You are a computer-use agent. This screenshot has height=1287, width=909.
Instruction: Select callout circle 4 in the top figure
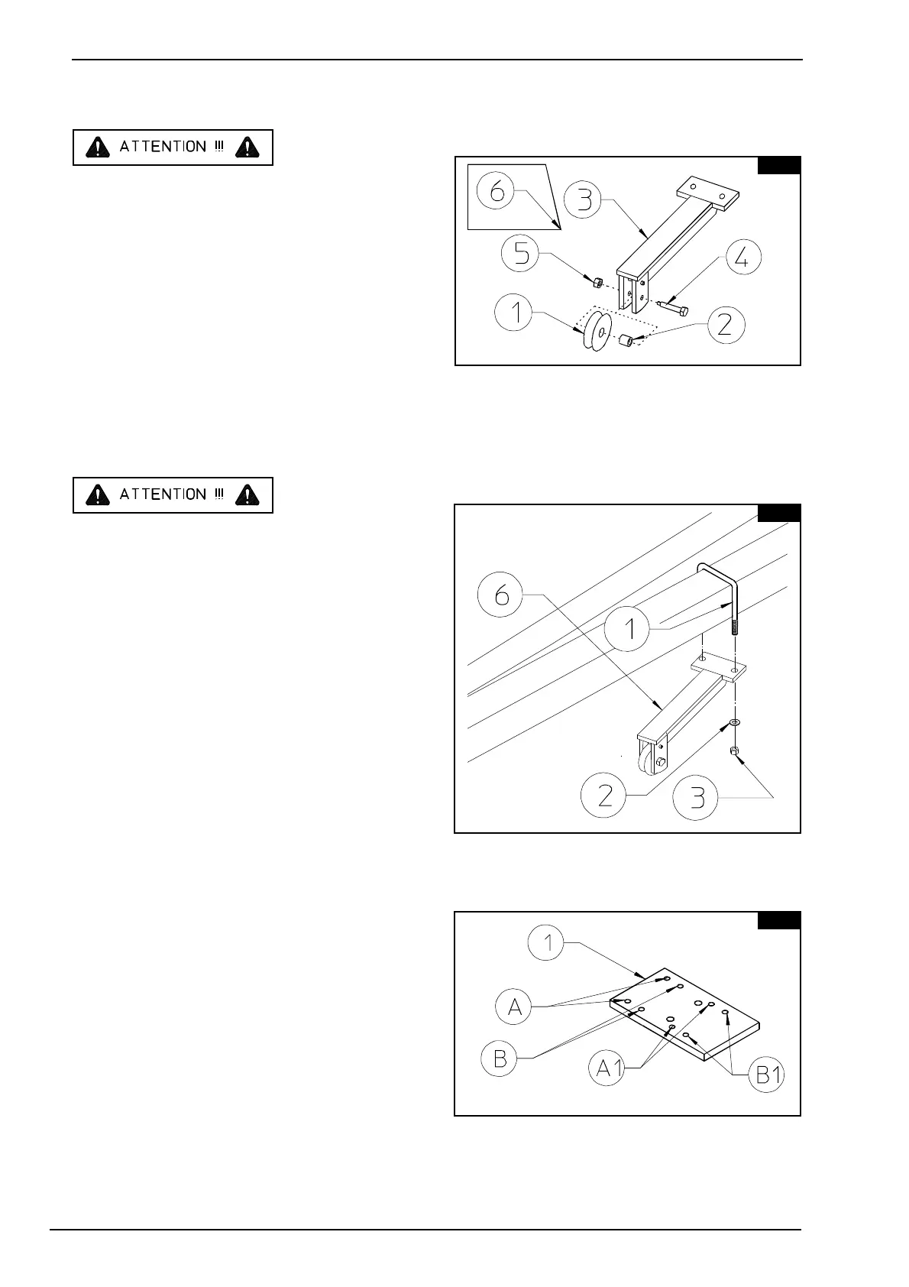click(x=742, y=258)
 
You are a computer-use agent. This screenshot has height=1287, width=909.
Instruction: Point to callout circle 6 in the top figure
click(x=497, y=191)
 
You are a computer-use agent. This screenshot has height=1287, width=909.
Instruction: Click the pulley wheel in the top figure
click(x=594, y=331)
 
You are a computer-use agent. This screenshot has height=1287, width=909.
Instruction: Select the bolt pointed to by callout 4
click(x=672, y=309)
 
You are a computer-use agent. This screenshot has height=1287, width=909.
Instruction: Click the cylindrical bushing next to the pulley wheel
click(x=626, y=341)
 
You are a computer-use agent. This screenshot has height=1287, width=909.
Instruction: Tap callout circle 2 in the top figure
click(x=724, y=325)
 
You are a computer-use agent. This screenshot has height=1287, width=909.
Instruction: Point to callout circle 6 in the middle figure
click(x=502, y=595)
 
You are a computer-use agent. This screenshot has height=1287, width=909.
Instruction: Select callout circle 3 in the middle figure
click(x=698, y=798)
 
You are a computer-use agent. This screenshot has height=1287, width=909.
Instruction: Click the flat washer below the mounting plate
click(x=734, y=722)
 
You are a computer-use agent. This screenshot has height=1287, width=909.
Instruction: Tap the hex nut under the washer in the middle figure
click(x=734, y=752)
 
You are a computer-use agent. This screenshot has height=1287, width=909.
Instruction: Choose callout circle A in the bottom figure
click(x=514, y=1007)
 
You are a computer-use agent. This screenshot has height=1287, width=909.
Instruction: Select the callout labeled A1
click(x=609, y=1067)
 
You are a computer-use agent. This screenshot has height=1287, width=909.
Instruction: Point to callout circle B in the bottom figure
click(x=500, y=1058)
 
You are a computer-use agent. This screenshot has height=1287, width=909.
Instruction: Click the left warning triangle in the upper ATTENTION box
click(x=96, y=148)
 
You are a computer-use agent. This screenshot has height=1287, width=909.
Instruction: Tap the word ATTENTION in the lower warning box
click(x=163, y=494)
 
